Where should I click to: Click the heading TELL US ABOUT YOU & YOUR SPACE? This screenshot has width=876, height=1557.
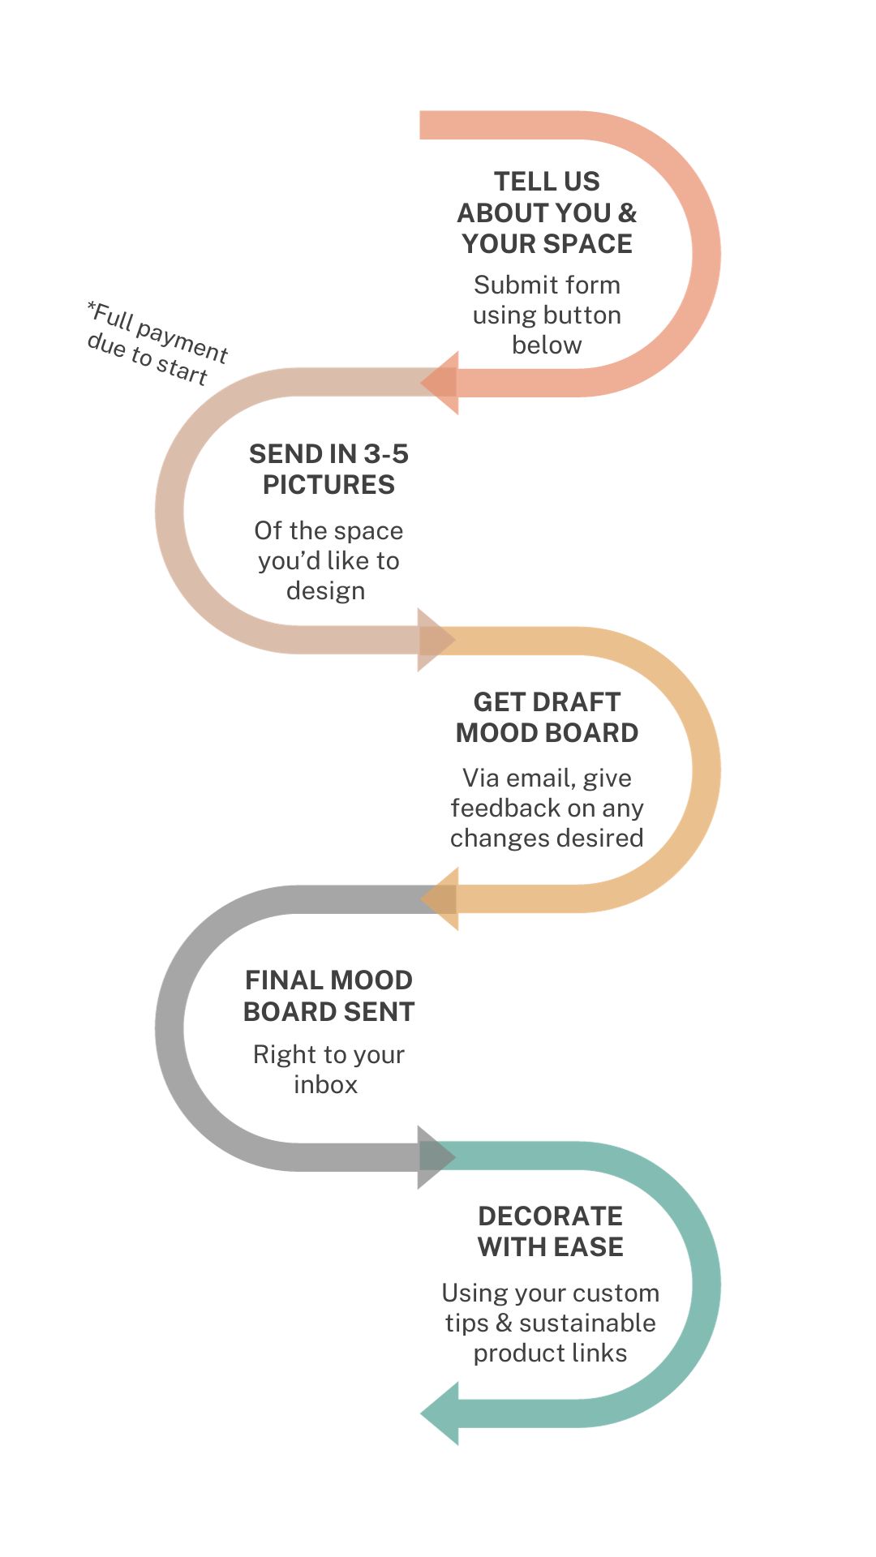click(x=547, y=212)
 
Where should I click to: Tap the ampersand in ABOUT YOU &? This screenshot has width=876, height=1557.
click(x=627, y=212)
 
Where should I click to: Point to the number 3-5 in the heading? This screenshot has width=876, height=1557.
click(x=385, y=453)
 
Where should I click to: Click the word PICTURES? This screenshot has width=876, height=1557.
click(x=328, y=485)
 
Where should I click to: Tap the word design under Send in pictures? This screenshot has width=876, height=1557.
click(x=325, y=590)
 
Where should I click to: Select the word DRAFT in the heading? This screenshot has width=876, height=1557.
click(x=581, y=701)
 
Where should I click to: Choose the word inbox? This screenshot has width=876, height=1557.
click(x=325, y=1084)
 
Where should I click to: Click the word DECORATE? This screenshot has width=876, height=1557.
click(x=550, y=1216)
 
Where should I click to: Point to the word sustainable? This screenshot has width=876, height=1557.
click(x=587, y=1323)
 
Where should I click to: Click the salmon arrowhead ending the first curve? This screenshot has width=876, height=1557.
click(x=442, y=383)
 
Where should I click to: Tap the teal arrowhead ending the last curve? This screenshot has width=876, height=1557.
click(x=442, y=1413)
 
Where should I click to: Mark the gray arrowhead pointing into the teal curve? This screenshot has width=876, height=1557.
click(x=435, y=1157)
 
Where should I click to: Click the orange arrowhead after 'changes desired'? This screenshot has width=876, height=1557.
click(x=442, y=899)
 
